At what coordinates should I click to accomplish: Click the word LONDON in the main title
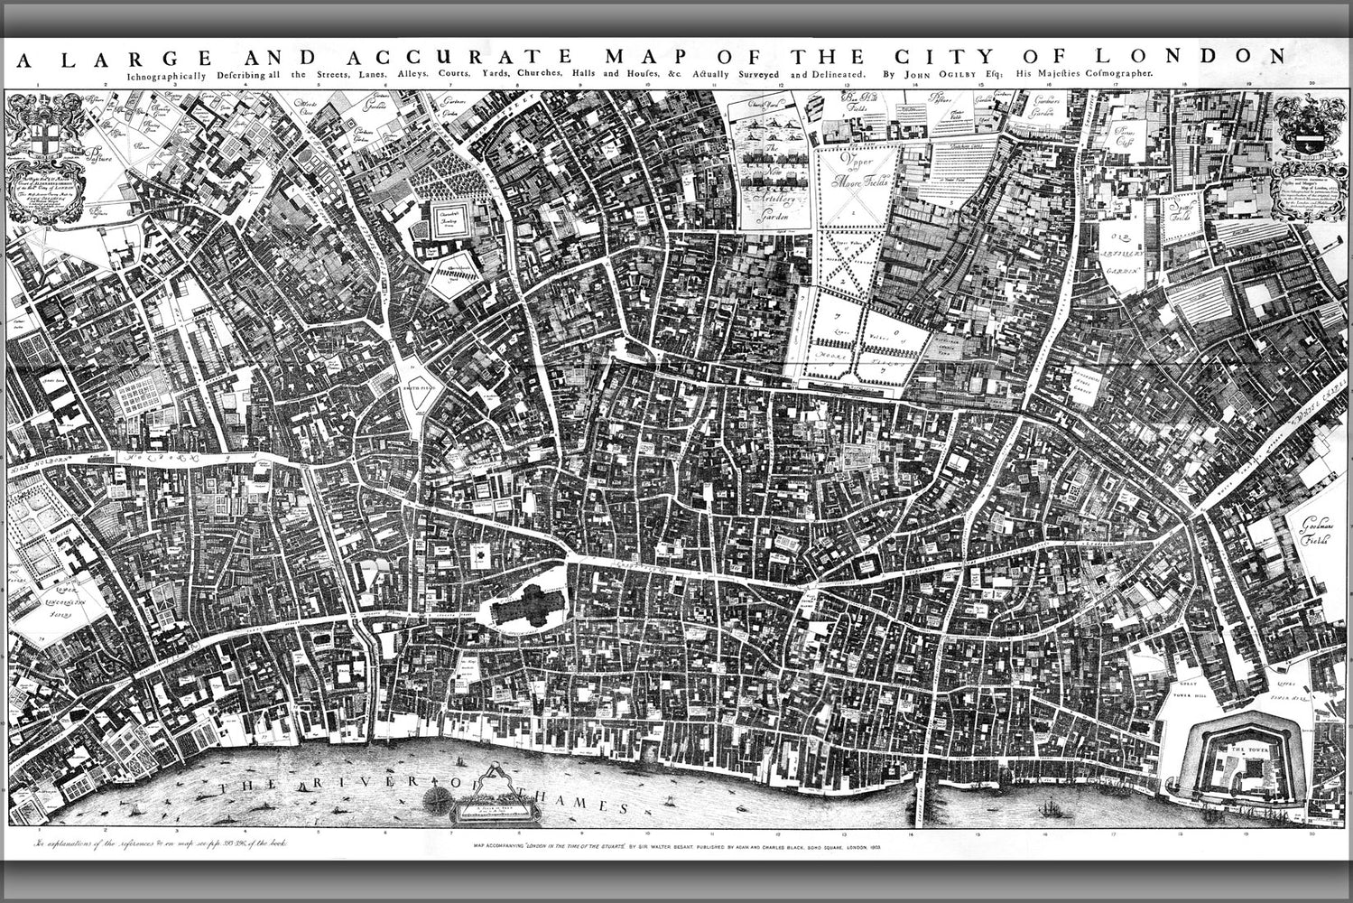[x=1209, y=56]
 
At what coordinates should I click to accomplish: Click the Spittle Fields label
[x=1177, y=213]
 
